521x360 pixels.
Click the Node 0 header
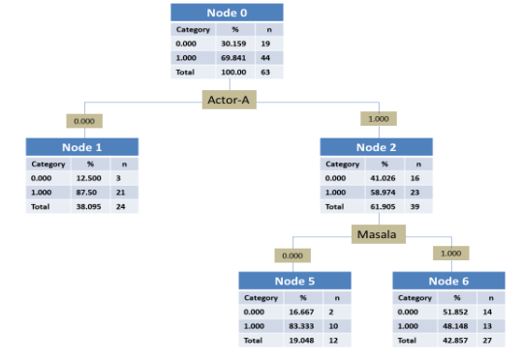coord(228,13)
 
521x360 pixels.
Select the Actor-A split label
coord(230,100)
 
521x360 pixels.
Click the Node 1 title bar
coord(82,147)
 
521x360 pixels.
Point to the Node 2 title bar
coord(376,147)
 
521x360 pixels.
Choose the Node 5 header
coord(294,281)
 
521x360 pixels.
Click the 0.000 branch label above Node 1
coord(84,121)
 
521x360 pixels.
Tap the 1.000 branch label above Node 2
coord(378,119)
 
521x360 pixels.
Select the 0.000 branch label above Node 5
coord(291,255)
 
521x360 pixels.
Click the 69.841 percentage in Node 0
coord(233,58)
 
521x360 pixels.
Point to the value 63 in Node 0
coord(265,72)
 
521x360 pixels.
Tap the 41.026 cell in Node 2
coord(381,178)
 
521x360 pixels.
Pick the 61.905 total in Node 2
coord(381,206)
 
